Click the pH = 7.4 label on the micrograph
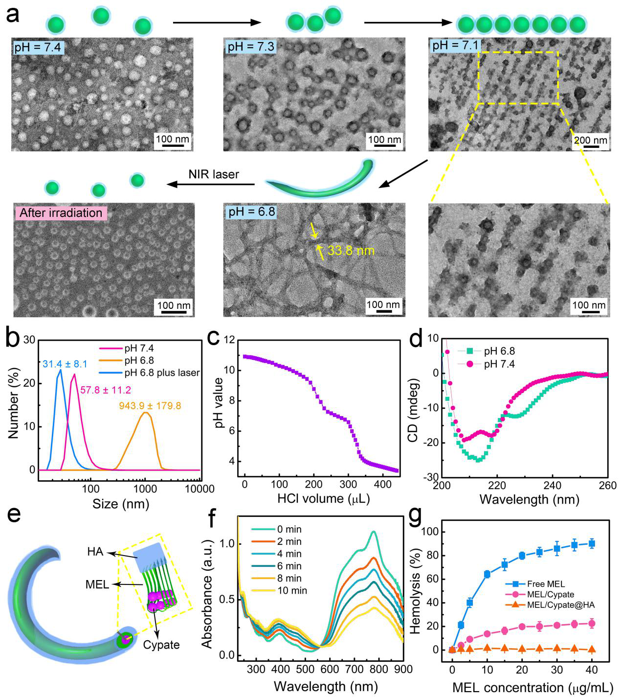(37, 47)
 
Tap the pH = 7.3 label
(251, 47)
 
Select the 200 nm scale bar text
(590, 140)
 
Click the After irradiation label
(61, 213)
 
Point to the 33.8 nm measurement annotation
(351, 251)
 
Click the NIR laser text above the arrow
(214, 174)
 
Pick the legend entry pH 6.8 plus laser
(162, 373)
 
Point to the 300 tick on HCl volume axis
(348, 484)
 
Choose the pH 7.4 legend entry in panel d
(499, 364)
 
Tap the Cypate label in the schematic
(161, 645)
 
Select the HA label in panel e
(95, 552)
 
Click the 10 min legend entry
(292, 590)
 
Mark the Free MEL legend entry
(546, 584)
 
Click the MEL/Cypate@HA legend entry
(560, 605)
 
